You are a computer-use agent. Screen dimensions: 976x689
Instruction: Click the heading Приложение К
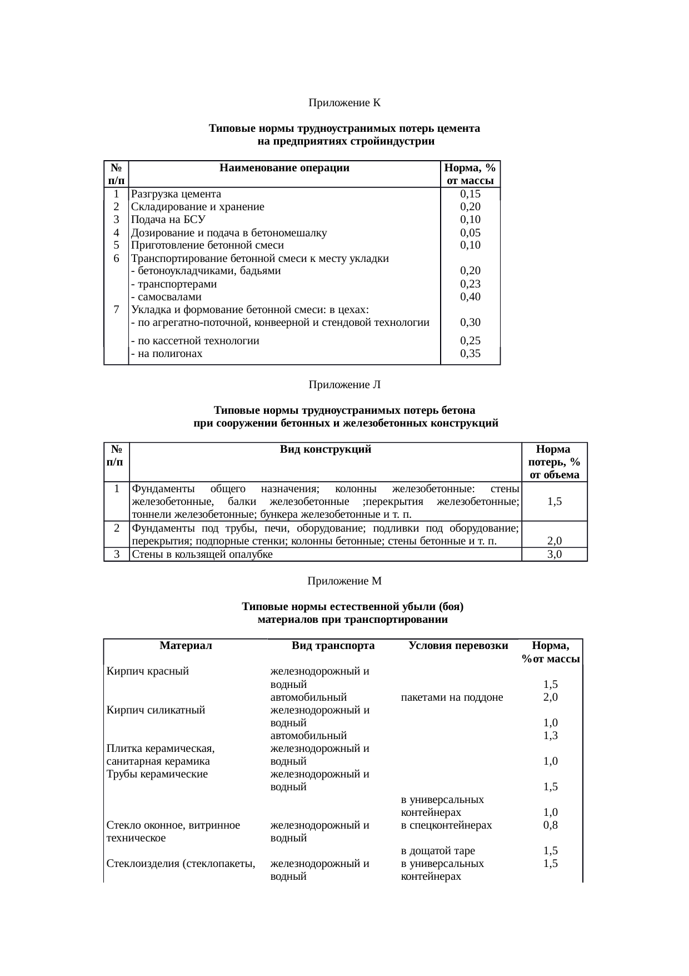tap(344, 103)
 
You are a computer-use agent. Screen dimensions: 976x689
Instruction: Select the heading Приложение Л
tap(344, 384)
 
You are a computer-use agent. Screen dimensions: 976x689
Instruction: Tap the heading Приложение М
tap(344, 581)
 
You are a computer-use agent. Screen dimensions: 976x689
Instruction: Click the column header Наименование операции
tap(284, 168)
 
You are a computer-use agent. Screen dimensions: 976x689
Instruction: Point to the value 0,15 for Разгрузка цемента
tap(470, 194)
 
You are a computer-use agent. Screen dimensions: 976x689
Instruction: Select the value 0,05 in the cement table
tap(470, 233)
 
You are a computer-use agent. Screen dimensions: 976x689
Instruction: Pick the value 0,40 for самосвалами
tap(470, 297)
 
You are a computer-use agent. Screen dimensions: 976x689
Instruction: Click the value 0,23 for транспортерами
tap(470, 284)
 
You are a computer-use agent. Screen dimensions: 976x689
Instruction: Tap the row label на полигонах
tap(167, 354)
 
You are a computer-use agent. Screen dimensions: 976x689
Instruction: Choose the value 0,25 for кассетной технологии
tap(470, 341)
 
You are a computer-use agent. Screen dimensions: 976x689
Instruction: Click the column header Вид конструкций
tap(326, 449)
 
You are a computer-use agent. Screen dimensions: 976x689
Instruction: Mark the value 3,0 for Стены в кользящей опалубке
tap(554, 554)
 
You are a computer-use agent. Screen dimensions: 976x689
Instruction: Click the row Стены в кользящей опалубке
tap(202, 554)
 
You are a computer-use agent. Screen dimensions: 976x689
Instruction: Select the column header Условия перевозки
tap(458, 646)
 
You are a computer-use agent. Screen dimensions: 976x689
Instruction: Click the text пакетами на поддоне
tap(452, 697)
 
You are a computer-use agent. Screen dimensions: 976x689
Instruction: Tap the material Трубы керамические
tap(157, 774)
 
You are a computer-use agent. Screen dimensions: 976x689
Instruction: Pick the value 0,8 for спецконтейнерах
tap(551, 825)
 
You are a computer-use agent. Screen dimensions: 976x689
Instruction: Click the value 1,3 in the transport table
tap(551, 736)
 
